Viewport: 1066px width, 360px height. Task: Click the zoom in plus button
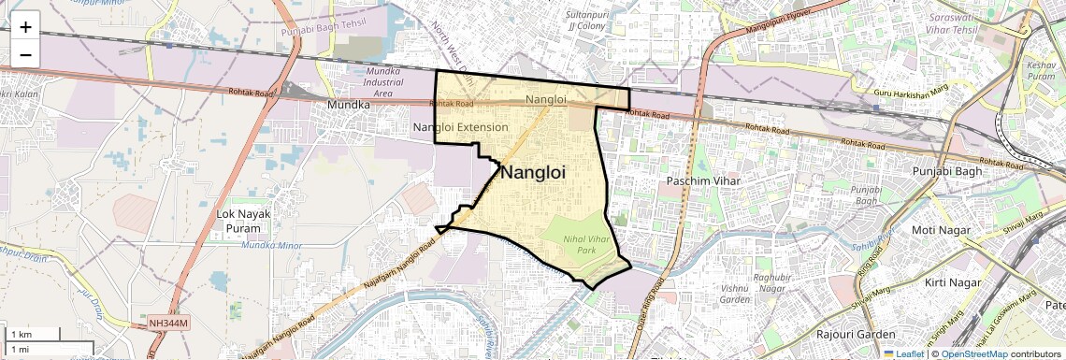pyautogui.click(x=25, y=26)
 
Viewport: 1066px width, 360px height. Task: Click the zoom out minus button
pyautogui.click(x=25, y=54)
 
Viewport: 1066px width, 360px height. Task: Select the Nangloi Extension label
pyautogui.click(x=461, y=126)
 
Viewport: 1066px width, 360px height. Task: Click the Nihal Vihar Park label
pyautogui.click(x=585, y=244)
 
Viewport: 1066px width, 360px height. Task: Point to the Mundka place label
pyautogui.click(x=348, y=105)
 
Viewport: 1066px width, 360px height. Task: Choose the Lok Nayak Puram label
pyautogui.click(x=242, y=221)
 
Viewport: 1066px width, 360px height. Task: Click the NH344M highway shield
pyautogui.click(x=168, y=324)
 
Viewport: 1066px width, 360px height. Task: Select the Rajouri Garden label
pyautogui.click(x=856, y=334)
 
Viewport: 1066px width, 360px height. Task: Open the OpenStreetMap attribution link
pyautogui.click(x=973, y=353)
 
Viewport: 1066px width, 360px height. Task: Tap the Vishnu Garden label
pyautogui.click(x=735, y=295)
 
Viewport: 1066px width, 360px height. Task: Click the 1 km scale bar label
pyautogui.click(x=21, y=335)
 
